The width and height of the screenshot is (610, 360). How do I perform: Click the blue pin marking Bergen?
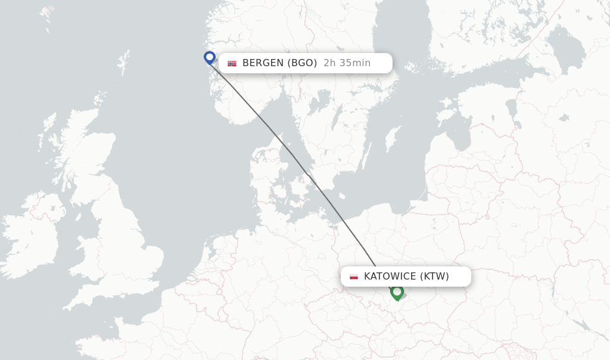point(209,57)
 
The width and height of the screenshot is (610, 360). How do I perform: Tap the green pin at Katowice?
point(397,291)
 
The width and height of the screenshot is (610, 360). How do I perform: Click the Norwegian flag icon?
point(232,63)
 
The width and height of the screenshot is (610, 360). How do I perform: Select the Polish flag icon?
point(354,277)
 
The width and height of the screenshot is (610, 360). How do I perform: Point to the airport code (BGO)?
point(302,63)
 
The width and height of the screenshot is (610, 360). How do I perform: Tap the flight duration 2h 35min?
point(347,63)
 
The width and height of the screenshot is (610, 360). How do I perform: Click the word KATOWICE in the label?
point(390,277)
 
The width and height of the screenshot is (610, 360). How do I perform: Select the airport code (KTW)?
point(435,277)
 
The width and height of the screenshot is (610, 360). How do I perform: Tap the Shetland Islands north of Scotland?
point(124,61)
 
